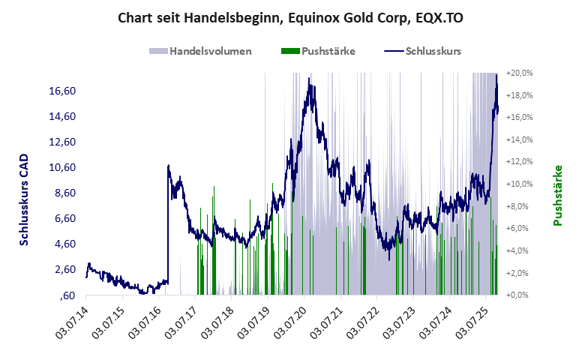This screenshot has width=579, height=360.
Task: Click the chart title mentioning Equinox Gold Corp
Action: pyautogui.click(x=289, y=16)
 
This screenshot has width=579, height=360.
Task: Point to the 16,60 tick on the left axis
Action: pyautogui.click(x=62, y=91)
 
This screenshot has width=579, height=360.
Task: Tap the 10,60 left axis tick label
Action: pyautogui.click(x=62, y=167)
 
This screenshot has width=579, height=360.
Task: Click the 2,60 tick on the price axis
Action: pyautogui.click(x=64, y=269)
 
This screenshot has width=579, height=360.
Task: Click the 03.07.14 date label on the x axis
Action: pyautogui.click(x=73, y=322)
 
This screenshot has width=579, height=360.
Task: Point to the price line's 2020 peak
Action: pyautogui.click(x=310, y=78)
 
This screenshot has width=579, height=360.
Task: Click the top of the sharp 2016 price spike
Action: pyautogui.click(x=169, y=165)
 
